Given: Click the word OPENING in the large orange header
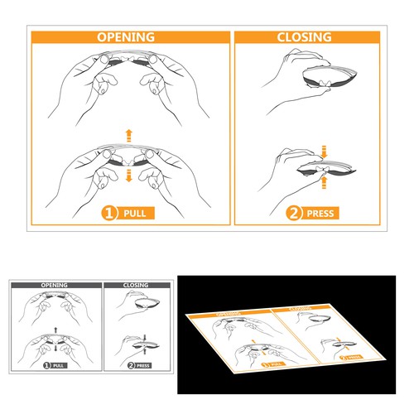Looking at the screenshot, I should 126,37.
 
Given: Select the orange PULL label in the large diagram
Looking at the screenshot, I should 137,213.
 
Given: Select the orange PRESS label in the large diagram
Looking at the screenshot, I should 320,213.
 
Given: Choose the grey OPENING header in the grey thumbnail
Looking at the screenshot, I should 55,285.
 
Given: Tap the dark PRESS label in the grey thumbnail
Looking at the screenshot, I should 142,364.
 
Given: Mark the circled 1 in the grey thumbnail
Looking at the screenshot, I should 47,364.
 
